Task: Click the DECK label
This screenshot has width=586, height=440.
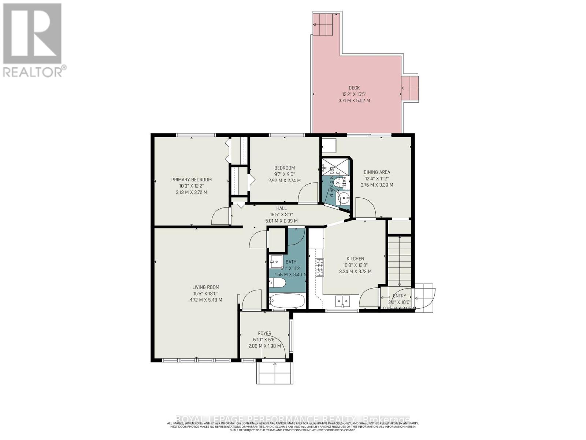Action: pos(354,88)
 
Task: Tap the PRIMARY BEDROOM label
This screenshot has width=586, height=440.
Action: pos(191,180)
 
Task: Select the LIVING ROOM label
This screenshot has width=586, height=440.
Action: pos(205,287)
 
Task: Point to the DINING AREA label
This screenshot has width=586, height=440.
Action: pos(377,172)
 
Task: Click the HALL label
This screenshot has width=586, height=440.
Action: pos(281,208)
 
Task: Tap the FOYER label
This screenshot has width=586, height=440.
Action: pos(264,334)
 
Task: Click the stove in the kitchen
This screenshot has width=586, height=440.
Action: pos(320,267)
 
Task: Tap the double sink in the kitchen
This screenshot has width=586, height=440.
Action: pos(342,301)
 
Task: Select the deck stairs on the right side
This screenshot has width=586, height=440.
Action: pos(410,88)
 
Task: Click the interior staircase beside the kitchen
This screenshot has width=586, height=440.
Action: pos(399,261)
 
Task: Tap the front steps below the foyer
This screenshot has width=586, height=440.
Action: pos(275,373)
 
